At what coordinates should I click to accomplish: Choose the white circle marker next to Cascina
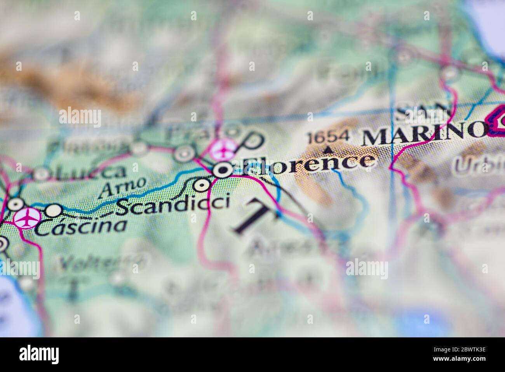[54, 211]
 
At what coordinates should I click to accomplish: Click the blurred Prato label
[183, 134]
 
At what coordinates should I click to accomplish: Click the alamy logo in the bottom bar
[39, 354]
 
